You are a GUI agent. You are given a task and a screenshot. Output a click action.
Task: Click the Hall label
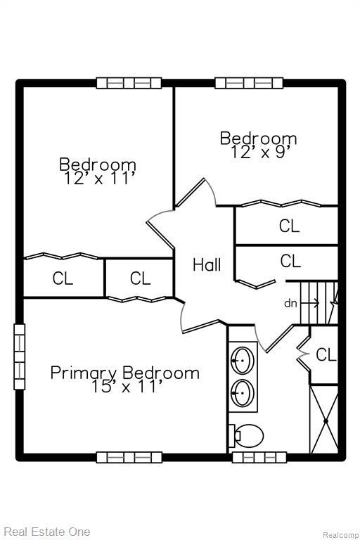tap(207, 265)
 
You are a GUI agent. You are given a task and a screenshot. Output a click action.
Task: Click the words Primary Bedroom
tap(124, 373)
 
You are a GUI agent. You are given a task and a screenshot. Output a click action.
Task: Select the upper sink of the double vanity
tap(243, 360)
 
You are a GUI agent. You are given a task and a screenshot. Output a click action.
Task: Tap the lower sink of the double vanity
tap(243, 391)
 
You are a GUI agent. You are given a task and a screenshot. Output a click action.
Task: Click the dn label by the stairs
tap(290, 304)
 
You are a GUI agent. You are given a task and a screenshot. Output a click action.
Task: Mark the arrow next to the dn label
tap(311, 304)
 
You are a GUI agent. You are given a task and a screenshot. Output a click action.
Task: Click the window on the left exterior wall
tap(19, 356)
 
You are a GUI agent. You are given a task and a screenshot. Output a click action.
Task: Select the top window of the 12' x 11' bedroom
tap(129, 83)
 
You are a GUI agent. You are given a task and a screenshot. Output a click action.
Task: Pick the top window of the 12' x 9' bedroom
tap(249, 83)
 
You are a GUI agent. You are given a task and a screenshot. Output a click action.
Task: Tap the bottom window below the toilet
tap(250, 457)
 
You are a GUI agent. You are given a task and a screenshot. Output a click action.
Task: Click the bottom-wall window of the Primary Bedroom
tap(129, 457)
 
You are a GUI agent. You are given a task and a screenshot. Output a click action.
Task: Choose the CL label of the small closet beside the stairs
tap(326, 356)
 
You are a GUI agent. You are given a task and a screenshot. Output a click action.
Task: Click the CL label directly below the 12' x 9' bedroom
tap(289, 226)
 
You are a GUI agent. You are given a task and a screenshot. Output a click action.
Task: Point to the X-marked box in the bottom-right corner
tap(324, 420)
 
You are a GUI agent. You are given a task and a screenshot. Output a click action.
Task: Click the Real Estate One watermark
tap(46, 532)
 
